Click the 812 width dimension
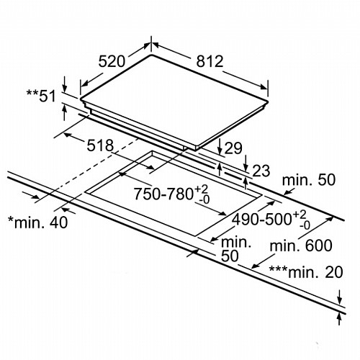[x=210, y=61]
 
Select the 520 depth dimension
[x=112, y=61]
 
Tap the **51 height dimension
[x=41, y=96]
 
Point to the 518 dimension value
[x=100, y=145]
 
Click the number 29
[x=233, y=148]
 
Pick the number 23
[x=261, y=171]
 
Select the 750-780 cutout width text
[x=163, y=194]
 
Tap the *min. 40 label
[x=38, y=222]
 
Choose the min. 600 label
[x=301, y=246]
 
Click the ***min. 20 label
[x=306, y=272]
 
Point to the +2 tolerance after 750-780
[x=201, y=189]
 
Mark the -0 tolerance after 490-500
[x=305, y=225]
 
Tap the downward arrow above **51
[x=64, y=84]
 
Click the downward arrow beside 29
[x=220, y=146]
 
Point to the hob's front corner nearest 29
[x=196, y=147]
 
